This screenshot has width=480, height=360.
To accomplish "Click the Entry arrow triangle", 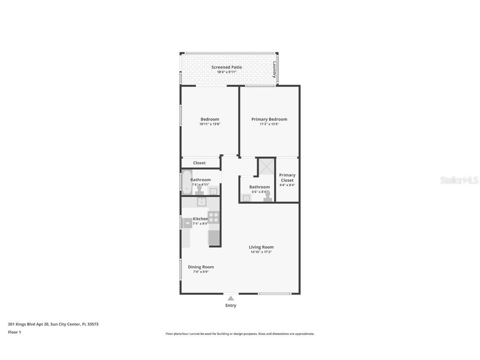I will coord(230,298).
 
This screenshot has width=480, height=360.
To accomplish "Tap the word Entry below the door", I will coord(231,305).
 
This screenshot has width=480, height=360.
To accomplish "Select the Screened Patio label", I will coord(227,67).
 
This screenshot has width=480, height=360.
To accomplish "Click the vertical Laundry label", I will coord(274,70).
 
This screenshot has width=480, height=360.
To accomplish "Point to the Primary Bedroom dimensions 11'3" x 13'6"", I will coord(269,124).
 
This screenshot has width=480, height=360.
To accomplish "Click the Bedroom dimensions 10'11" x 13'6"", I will coord(210,124).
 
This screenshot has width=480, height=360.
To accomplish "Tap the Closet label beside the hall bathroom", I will coord(199,163).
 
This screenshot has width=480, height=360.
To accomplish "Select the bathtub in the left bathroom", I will coord(186,182).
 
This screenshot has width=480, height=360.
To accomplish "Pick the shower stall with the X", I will coord(266,167).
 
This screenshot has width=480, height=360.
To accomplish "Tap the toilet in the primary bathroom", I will coord(267,196).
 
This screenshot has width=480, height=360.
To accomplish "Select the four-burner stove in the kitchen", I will coord(214,217).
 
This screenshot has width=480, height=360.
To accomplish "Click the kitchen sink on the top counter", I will coord(202,202).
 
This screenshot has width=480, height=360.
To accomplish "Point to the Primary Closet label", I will coord(287,177).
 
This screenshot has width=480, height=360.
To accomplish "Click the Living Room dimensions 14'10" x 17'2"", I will coord(261,252).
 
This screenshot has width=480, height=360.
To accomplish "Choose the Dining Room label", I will coord(201,267).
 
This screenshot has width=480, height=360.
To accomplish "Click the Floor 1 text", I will coord(14,332).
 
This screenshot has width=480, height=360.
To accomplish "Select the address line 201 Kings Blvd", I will coord(53,324).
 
